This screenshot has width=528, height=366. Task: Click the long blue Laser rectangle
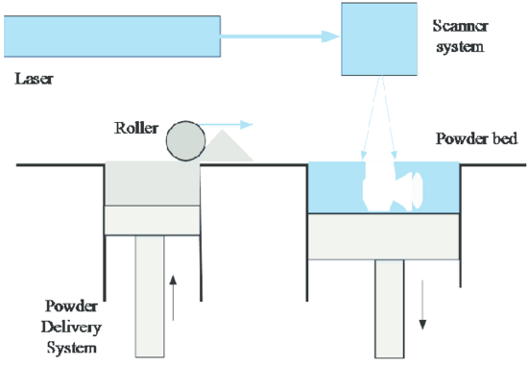click(x=112, y=37)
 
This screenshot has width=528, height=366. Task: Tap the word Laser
click(x=34, y=79)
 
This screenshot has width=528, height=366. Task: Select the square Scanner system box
click(x=379, y=39)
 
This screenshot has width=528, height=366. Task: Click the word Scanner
click(x=460, y=26)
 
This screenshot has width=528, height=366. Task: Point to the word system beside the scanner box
click(x=460, y=47)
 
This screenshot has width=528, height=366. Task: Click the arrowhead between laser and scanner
click(x=330, y=37)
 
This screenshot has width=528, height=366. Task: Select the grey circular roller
click(x=185, y=140)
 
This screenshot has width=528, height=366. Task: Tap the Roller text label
click(x=136, y=128)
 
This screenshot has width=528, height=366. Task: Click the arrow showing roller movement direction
click(x=226, y=125)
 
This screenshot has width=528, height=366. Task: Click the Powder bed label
click(x=476, y=138)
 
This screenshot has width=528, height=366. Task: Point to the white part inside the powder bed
click(x=391, y=186)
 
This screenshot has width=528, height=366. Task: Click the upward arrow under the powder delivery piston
click(x=173, y=298)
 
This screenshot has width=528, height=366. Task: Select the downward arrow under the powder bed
click(x=422, y=305)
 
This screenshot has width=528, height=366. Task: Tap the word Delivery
click(x=71, y=328)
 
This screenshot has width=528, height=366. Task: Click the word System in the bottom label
click(x=71, y=348)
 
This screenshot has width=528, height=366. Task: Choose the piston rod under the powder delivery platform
click(x=150, y=296)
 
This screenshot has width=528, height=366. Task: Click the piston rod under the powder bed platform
click(x=390, y=308)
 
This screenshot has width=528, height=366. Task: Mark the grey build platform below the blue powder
click(x=384, y=236)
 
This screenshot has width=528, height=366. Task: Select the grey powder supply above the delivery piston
click(x=153, y=183)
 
